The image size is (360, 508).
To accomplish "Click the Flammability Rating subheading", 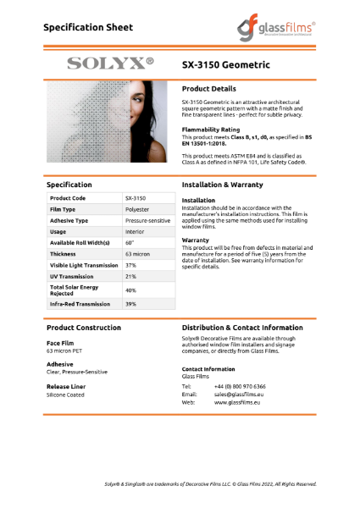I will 213,130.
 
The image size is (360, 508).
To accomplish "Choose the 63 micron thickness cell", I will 137,253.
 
